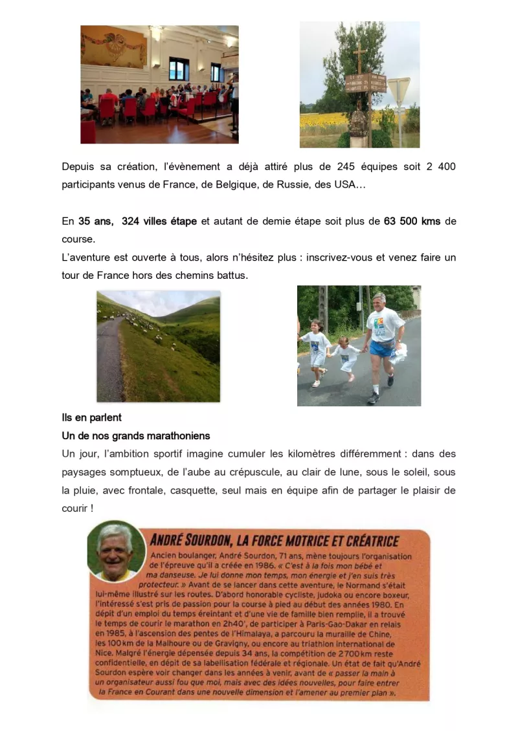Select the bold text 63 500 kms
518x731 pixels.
pos(412,221)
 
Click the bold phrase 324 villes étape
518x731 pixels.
pos(159,221)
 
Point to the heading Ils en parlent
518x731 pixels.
pos(92,418)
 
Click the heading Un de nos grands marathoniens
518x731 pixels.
pos(136,436)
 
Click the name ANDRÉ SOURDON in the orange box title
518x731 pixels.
pos(192,541)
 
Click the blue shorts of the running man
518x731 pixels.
pos(383,350)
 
